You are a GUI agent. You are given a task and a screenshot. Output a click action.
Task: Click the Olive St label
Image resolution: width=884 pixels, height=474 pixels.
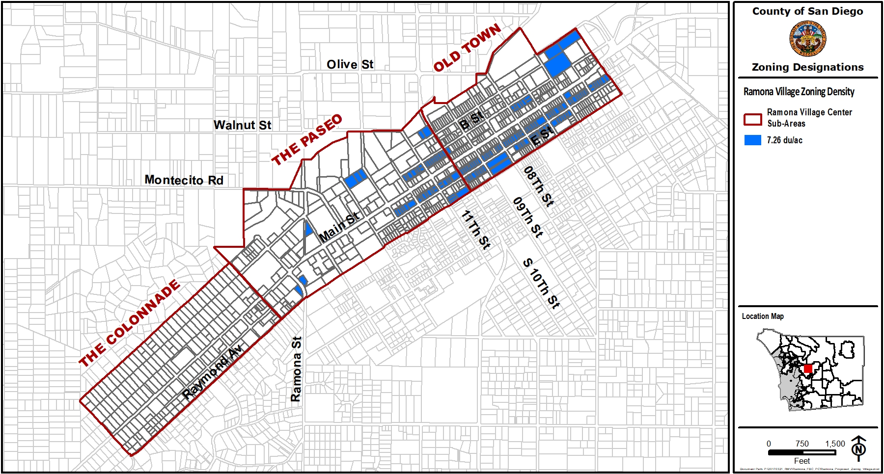pos(350,64)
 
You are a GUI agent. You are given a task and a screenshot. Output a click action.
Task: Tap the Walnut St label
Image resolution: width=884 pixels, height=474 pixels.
pos(242,125)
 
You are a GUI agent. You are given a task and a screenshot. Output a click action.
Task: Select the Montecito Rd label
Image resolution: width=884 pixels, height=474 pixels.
pos(184,180)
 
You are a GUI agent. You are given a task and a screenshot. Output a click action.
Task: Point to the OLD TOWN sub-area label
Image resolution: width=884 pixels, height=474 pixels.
pos(467,48)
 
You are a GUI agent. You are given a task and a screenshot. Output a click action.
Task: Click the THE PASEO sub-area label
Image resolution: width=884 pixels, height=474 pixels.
pos(307,140)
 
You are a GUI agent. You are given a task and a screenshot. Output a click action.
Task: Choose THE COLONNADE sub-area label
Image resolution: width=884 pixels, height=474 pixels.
pos(130,324)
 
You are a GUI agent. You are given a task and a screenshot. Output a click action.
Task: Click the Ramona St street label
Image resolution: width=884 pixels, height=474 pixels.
pos(296,369)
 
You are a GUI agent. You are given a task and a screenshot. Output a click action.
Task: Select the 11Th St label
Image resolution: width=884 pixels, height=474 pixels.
pos(475,230)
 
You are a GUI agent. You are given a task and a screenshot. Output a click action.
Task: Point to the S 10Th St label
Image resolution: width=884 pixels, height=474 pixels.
pos(541,284)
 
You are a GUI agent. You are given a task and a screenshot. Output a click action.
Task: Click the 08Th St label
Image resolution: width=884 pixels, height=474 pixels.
pos(538,186)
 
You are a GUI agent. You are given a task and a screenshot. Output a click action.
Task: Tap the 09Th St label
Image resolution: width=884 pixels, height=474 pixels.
pos(527,217)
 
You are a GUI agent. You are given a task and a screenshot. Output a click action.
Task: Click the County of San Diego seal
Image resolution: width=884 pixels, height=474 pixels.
pos(807,39)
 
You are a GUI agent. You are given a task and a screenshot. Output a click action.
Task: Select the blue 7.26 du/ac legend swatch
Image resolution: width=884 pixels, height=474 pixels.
pos(752,140)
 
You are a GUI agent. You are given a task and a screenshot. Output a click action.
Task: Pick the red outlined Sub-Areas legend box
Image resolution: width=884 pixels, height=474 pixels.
pos(752,119)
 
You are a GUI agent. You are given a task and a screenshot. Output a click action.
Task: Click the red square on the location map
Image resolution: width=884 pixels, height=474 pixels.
pos(808,369)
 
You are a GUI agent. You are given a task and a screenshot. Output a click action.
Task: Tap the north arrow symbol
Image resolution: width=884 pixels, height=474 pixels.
pos(858,448)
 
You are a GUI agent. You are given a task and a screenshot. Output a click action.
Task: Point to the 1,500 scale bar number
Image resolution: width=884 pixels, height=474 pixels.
pos(835,444)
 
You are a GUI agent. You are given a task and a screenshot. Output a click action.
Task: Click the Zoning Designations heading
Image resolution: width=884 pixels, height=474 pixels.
pos(807,67)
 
